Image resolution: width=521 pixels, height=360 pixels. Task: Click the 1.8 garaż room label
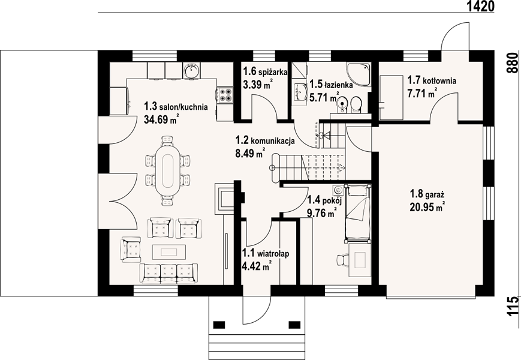pos(427,193)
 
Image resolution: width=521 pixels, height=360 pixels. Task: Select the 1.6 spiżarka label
pos(265,72)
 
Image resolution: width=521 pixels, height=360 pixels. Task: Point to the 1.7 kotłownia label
pos(432,80)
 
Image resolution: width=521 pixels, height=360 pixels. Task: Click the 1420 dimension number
pos(481,6)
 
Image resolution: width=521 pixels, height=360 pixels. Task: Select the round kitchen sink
pos(191,70)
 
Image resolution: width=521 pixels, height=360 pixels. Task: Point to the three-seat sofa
pos(169,274)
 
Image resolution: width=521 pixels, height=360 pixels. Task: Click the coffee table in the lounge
pos(169,251)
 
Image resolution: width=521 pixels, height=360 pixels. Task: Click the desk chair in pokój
pos(342,260)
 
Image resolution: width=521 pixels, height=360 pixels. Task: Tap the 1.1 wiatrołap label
pos(266,254)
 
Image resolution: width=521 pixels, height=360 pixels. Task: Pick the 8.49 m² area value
pos(250,154)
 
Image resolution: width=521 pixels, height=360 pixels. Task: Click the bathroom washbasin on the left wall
pos(301,92)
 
